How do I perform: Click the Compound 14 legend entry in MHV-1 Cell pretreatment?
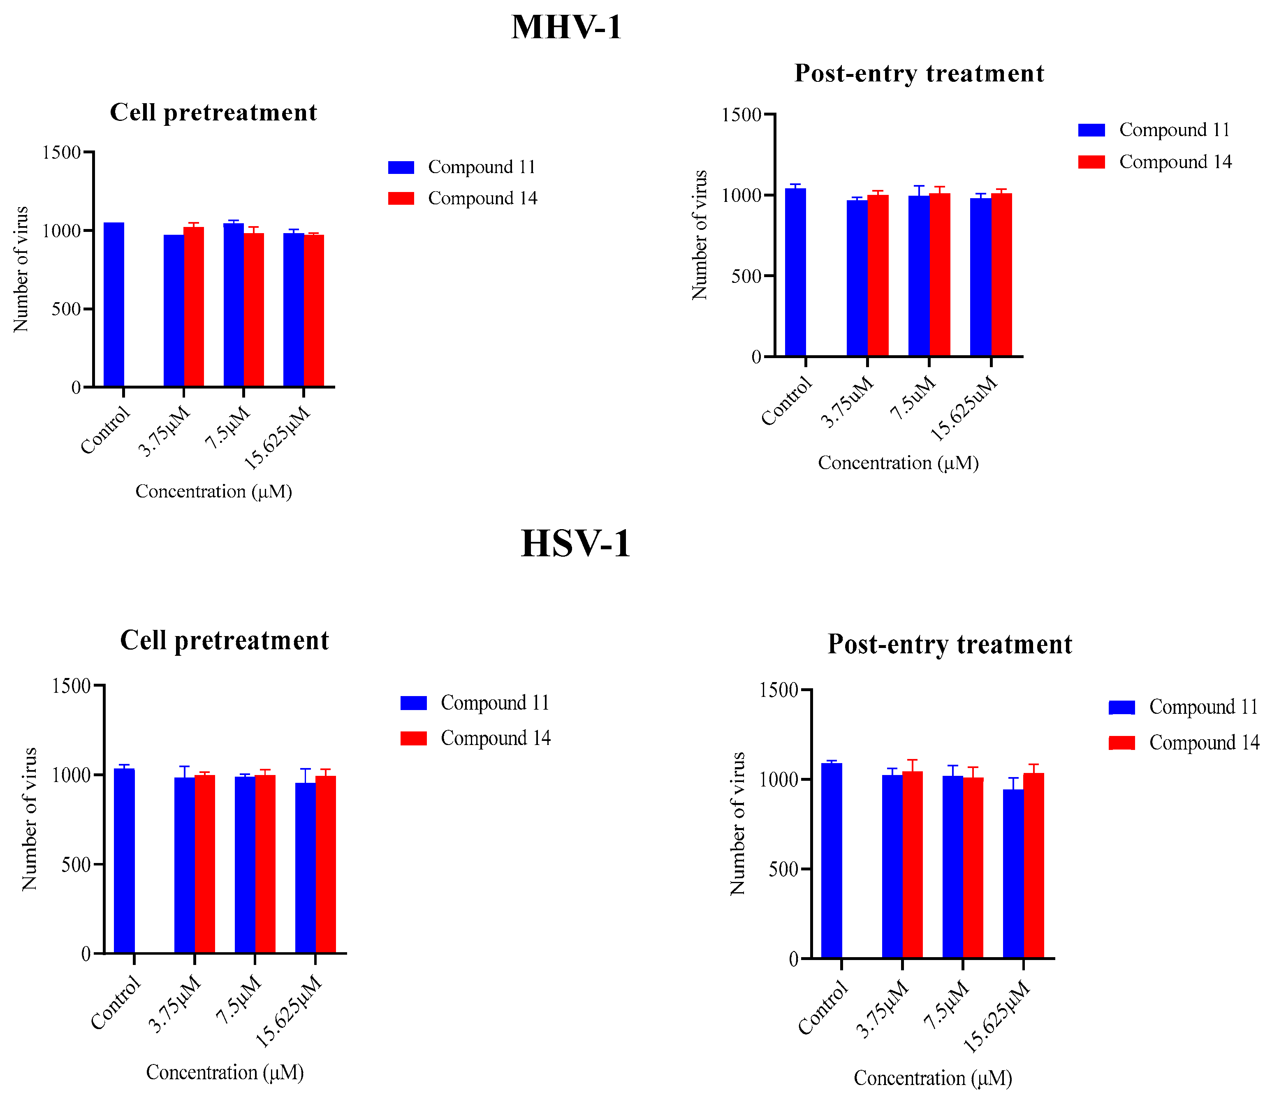(x=463, y=198)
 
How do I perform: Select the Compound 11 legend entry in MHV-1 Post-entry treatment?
(x=1154, y=130)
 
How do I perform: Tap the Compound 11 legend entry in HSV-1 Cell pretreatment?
(x=475, y=703)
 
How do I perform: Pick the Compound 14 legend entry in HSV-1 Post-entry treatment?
(x=1184, y=743)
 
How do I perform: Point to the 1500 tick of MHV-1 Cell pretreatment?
(x=62, y=153)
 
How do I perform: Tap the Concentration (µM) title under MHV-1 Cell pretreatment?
(x=213, y=491)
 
